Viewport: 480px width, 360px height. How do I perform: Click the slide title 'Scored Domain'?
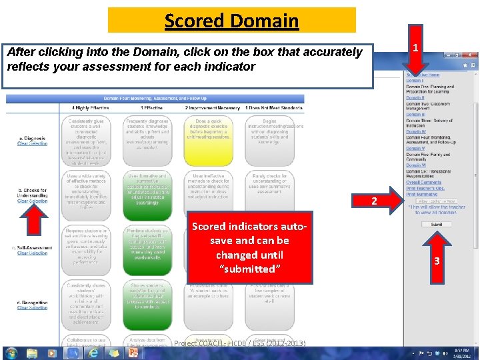pos(231,21)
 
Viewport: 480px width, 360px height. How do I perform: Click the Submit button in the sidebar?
pos(436,225)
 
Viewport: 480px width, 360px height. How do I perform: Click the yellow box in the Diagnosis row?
pos(207,141)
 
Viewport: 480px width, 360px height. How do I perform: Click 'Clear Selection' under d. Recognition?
pos(32,308)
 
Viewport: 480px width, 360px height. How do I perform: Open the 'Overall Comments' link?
pos(423,182)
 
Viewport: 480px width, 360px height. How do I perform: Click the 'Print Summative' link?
pos(421,194)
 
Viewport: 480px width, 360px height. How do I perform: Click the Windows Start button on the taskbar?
pos(11,352)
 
